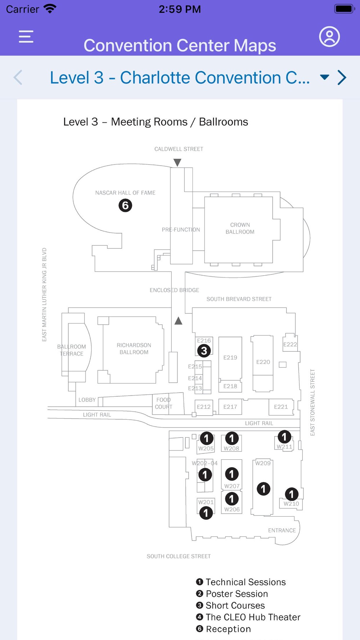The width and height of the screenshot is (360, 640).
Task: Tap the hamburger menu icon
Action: pyautogui.click(x=26, y=36)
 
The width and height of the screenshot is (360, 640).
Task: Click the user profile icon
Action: pyautogui.click(x=329, y=36)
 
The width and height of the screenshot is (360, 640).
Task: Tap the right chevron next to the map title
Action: pyautogui.click(x=342, y=77)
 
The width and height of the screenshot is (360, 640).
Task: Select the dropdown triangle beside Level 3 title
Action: pyautogui.click(x=324, y=77)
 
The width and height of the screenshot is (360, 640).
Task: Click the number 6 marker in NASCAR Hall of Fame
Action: pyautogui.click(x=125, y=206)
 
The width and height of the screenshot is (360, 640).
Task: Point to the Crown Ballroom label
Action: pyautogui.click(x=240, y=228)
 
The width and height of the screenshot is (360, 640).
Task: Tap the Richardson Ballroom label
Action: pyautogui.click(x=134, y=348)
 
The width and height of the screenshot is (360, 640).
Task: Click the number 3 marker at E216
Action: pyautogui.click(x=204, y=351)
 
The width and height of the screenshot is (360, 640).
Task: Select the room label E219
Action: pyautogui.click(x=230, y=357)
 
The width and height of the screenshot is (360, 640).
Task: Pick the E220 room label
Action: pyautogui.click(x=263, y=362)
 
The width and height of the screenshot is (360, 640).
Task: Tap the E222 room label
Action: pyautogui.click(x=290, y=344)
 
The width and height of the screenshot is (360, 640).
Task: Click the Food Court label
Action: pyautogui.click(x=163, y=403)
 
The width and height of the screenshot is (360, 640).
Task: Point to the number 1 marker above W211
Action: pyautogui.click(x=284, y=437)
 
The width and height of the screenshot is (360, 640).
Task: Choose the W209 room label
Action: pyautogui.click(x=263, y=463)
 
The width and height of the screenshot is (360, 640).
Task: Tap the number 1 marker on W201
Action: pyautogui.click(x=206, y=513)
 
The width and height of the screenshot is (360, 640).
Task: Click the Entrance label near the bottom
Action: pyautogui.click(x=282, y=530)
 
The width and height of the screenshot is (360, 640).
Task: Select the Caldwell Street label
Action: pyautogui.click(x=179, y=149)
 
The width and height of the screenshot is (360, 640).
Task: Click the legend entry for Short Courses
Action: pyautogui.click(x=235, y=605)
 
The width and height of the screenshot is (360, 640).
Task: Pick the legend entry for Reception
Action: pyautogui.click(x=228, y=629)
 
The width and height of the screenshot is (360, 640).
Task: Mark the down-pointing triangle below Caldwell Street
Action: pyautogui.click(x=177, y=163)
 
